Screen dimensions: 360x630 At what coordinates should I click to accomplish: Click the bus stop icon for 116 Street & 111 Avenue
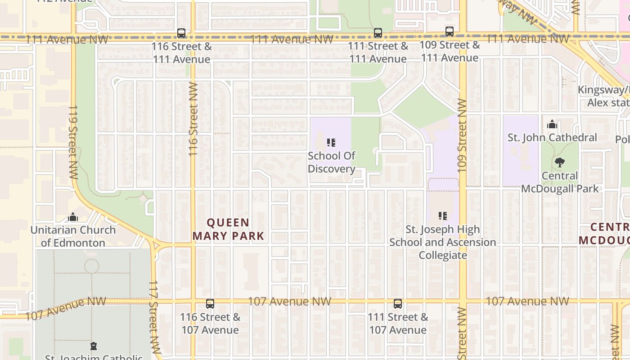pyautogui.click(x=181, y=33)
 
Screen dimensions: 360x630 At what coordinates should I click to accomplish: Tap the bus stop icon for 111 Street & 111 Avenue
pyautogui.click(x=378, y=33)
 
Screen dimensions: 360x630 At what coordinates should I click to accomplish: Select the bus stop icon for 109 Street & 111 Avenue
pyautogui.click(x=450, y=31)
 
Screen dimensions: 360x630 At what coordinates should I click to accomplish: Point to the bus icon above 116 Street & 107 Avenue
pyautogui.click(x=210, y=304)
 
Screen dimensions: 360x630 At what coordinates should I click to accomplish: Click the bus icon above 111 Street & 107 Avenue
pyautogui.click(x=398, y=304)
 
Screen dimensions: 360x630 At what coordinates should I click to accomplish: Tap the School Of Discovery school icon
pyautogui.click(x=332, y=143)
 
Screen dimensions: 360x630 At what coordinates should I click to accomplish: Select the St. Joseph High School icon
pyautogui.click(x=443, y=216)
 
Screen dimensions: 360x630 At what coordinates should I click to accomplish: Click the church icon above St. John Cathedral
pyautogui.click(x=552, y=125)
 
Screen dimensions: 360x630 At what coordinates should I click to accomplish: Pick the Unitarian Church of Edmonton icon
pyautogui.click(x=73, y=217)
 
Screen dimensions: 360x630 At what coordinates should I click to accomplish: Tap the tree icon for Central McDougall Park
pyautogui.click(x=560, y=162)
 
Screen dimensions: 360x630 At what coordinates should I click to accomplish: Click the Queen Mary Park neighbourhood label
pyautogui.click(x=228, y=229)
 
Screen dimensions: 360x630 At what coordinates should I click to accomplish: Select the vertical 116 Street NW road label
pyautogui.click(x=193, y=119)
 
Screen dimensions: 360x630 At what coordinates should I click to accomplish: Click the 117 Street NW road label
pyautogui.click(x=154, y=317)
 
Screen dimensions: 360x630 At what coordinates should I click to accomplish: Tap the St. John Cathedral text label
pyautogui.click(x=552, y=138)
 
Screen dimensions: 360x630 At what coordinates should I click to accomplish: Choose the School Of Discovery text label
pyautogui.click(x=332, y=162)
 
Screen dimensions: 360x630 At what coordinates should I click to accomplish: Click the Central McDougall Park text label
pyautogui.click(x=560, y=182)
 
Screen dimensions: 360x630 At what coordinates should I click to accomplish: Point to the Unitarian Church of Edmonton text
pyautogui.click(x=73, y=236)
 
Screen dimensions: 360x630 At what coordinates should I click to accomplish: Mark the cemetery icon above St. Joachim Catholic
pyautogui.click(x=94, y=346)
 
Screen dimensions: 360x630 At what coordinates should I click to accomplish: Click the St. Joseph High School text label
pyautogui.click(x=443, y=243)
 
